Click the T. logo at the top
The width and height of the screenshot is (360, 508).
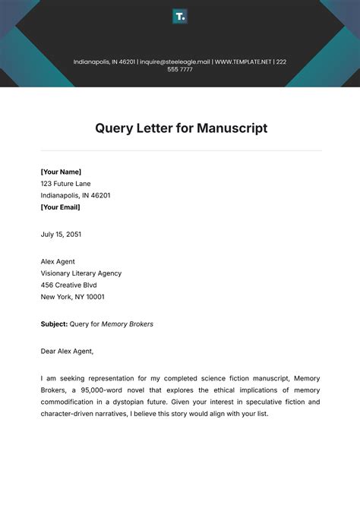click(x=180, y=16)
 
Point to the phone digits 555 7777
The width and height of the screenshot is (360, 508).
click(x=180, y=69)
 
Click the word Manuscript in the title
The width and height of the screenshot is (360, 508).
click(x=232, y=128)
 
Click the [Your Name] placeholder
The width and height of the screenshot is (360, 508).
click(x=61, y=172)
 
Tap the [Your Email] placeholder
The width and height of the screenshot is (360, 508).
click(x=60, y=207)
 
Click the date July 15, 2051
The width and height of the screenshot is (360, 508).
click(x=61, y=235)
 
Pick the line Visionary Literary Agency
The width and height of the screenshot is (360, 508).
click(x=81, y=273)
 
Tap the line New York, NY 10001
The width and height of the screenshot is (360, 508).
click(x=73, y=297)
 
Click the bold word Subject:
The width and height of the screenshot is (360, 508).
click(x=54, y=324)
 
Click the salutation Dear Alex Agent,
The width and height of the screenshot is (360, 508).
click(x=67, y=352)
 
